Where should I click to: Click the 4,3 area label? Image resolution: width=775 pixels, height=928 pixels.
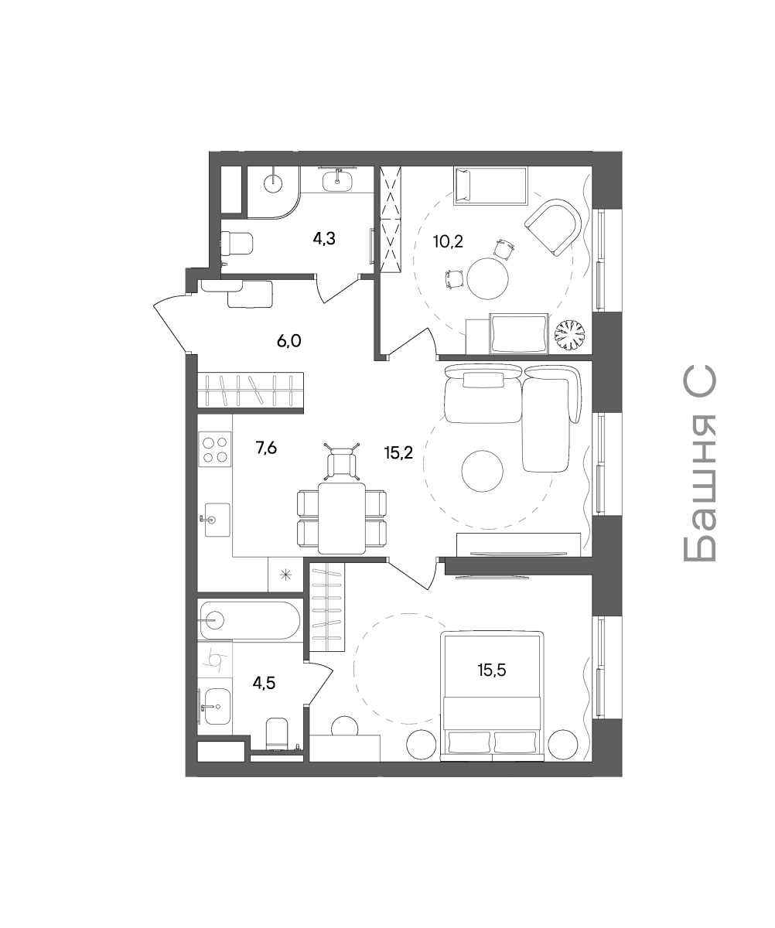(x=324, y=239)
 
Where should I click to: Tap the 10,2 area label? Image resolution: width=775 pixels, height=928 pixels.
(x=448, y=242)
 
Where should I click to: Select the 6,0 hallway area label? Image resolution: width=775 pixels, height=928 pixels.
(x=289, y=341)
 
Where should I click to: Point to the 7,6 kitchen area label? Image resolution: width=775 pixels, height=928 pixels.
(x=266, y=448)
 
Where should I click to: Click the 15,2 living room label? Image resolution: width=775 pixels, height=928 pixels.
(x=398, y=452)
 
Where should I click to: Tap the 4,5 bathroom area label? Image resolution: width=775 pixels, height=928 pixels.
(x=264, y=683)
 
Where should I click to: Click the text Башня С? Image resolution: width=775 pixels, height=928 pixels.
(x=698, y=464)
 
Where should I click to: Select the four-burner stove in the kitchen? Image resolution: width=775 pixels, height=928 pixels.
(x=215, y=449)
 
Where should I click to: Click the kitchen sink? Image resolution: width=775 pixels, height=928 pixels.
(x=214, y=520)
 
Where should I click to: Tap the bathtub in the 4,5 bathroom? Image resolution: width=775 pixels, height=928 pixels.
(x=250, y=620)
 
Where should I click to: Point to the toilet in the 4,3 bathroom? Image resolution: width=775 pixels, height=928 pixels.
(x=237, y=243)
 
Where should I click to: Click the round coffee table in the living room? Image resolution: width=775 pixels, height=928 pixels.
(x=482, y=471)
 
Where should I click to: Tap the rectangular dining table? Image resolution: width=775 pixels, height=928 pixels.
(x=342, y=518)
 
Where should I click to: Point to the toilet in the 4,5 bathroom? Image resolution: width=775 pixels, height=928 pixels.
(x=277, y=733)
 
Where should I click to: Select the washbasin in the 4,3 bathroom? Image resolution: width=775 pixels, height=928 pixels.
(x=337, y=180)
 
